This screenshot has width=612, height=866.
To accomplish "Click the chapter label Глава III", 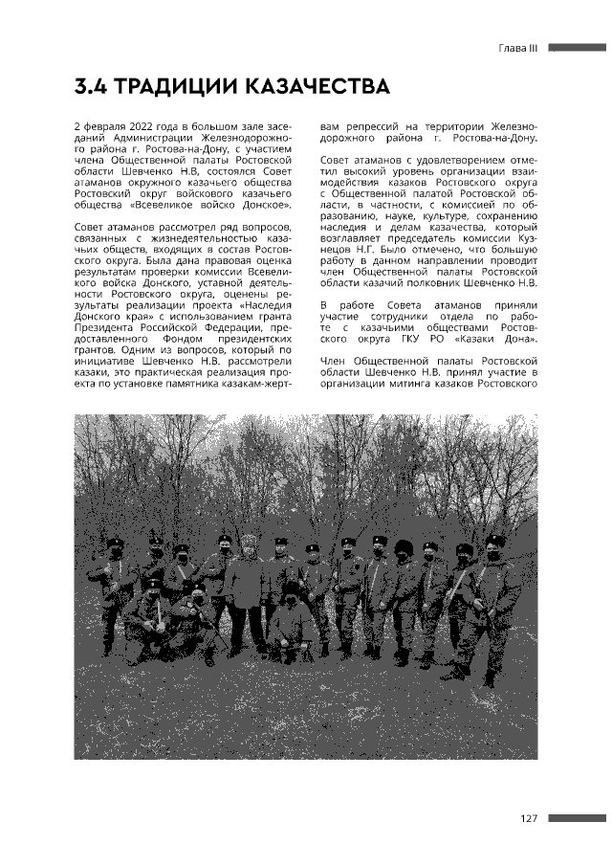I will point(519,48).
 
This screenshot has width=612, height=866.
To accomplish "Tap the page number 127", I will point(532,818).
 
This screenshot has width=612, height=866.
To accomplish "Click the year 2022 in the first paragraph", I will point(136,126).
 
